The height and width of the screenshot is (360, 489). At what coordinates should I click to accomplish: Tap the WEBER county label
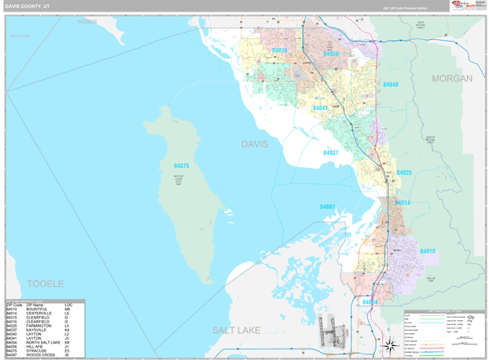click(87, 21)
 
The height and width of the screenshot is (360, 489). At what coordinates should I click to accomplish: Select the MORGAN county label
click(452, 78)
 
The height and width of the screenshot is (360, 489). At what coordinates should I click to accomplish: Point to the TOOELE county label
click(45, 283)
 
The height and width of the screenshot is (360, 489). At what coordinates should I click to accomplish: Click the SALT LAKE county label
click(239, 330)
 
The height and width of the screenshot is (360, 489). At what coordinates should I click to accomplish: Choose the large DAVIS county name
click(254, 144)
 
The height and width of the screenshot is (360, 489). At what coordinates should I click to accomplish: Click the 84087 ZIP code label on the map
click(328, 207)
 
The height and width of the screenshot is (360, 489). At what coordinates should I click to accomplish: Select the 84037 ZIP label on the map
click(330, 153)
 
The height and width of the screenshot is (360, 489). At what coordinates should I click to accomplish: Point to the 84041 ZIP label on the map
click(319, 108)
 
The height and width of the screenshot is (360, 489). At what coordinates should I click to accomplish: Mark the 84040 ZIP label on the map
click(390, 85)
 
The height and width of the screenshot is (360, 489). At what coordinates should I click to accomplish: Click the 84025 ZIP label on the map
click(404, 173)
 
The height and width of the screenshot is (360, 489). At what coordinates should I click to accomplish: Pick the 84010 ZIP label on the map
click(428, 251)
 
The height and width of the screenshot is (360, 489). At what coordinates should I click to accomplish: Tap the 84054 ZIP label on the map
click(370, 302)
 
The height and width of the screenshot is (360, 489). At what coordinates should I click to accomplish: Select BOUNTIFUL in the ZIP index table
click(37, 310)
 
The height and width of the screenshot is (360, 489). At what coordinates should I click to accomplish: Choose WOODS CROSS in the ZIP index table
click(41, 354)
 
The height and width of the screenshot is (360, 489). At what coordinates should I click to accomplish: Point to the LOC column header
click(68, 305)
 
